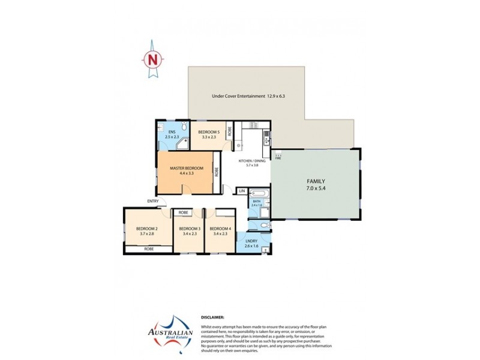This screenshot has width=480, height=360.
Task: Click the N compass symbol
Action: coord(152,59)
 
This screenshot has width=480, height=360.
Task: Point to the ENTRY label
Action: coord(151,201)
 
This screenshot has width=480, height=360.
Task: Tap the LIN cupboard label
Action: coord(242,191)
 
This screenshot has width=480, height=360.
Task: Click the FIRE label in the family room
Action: coord(277,158)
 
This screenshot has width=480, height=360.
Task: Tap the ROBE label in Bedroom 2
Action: coord(148,248)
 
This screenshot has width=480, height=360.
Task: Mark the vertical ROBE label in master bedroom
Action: coord(217,170)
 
